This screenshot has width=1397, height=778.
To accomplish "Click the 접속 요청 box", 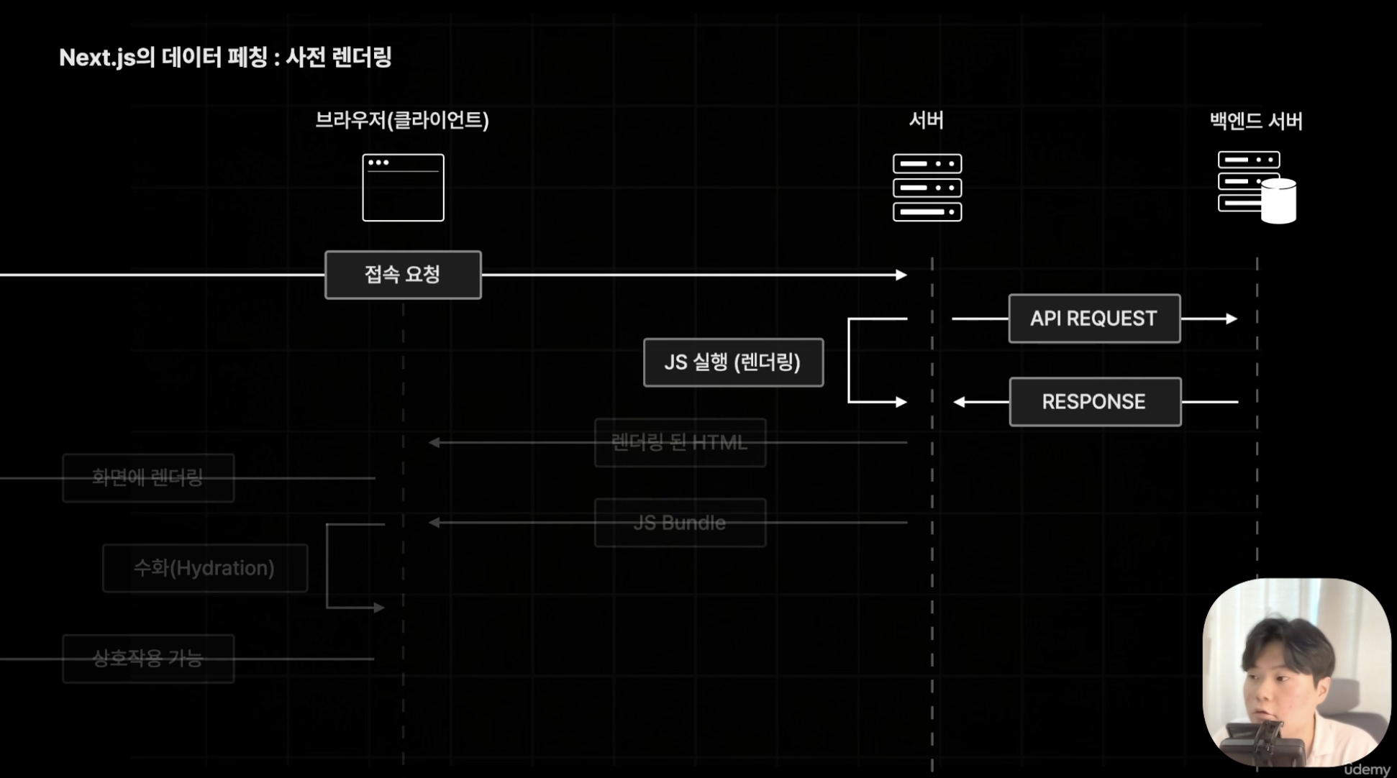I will (403, 275).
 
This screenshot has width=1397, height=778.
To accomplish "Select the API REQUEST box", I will (1094, 319).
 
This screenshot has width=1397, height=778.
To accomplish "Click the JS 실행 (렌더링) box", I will (733, 362).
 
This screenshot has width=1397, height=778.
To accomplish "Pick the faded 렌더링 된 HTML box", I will (680, 443).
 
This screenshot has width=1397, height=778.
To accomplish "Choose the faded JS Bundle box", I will (680, 523).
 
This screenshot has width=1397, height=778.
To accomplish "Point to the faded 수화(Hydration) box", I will (205, 568).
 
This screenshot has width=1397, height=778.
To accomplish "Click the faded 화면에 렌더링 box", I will (148, 477).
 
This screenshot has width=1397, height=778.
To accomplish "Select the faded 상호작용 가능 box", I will (148, 659).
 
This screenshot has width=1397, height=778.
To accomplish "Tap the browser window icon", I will (403, 188).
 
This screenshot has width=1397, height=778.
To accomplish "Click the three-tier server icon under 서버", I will (927, 188).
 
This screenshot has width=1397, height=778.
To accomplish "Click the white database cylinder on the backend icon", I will (1279, 202).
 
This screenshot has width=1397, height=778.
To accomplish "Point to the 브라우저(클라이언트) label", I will (402, 120).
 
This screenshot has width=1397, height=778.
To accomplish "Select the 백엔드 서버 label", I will (1256, 121).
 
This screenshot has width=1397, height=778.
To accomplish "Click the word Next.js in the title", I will (97, 58).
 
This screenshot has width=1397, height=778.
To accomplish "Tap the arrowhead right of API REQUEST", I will (1232, 319).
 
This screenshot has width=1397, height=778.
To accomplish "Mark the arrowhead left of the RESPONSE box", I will (959, 402).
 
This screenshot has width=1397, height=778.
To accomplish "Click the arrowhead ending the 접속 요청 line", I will (901, 275).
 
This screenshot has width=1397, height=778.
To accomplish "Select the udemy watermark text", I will (1367, 769).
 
